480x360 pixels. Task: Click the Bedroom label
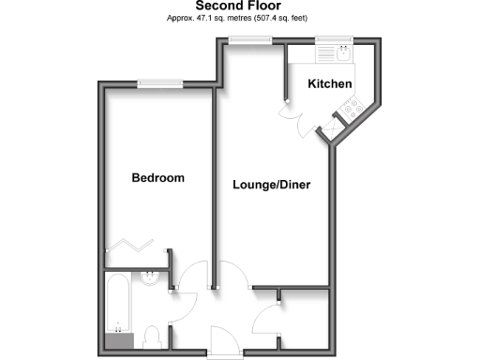[x=157, y=178]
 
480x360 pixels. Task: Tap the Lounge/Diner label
[x=272, y=185]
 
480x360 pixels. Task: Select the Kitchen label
[x=330, y=84]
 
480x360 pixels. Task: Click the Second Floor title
[x=237, y=6]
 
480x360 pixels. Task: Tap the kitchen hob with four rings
[x=353, y=110]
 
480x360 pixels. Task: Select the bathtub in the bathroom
[x=120, y=309]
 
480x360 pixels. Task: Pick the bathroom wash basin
[x=150, y=277]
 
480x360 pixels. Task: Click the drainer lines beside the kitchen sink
[x=324, y=52]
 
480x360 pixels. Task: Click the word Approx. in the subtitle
[x=181, y=19]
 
